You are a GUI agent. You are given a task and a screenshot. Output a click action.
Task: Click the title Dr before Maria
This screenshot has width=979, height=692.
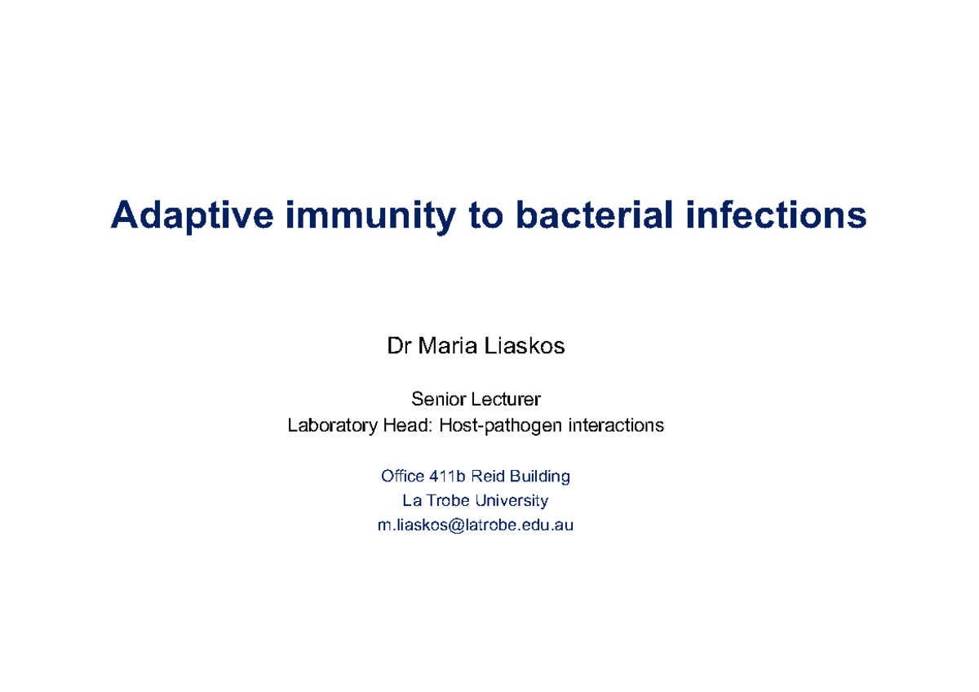coord(397,346)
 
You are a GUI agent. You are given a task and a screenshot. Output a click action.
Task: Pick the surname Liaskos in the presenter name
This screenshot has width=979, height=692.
coord(525,346)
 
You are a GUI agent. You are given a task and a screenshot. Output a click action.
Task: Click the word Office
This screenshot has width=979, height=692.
coord(402,476)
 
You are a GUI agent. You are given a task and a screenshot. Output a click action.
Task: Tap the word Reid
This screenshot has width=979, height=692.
coord(488,476)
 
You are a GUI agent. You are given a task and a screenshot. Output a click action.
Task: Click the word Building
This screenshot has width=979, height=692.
coord(539,476)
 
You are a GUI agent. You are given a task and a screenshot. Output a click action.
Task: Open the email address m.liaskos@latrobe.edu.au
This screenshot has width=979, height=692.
coord(476,526)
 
